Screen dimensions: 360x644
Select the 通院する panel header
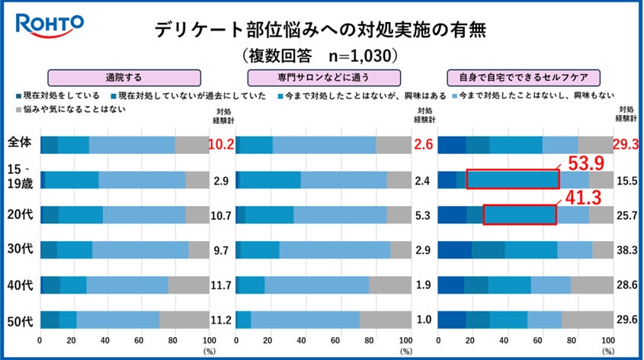[x=124, y=77]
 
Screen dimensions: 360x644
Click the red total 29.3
[x=627, y=145]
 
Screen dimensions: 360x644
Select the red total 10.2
[x=220, y=145]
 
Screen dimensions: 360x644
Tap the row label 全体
[x=19, y=145]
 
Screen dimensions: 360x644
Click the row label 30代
[x=19, y=249]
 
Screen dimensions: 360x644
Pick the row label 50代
[x=19, y=320]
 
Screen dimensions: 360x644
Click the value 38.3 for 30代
[x=627, y=249]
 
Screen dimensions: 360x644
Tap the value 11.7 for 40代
[x=220, y=284]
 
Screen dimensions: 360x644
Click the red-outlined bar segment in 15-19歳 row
[x=512, y=179]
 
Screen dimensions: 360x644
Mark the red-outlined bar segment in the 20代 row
[x=520, y=214]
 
